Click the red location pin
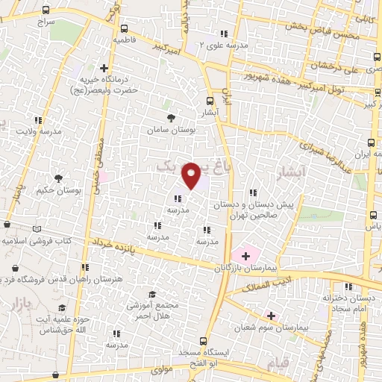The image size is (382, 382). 192,175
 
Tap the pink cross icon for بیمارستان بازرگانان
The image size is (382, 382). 245,255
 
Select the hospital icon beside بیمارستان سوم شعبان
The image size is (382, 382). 271,316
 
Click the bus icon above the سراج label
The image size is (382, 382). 46,10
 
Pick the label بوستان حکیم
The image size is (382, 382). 57,190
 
